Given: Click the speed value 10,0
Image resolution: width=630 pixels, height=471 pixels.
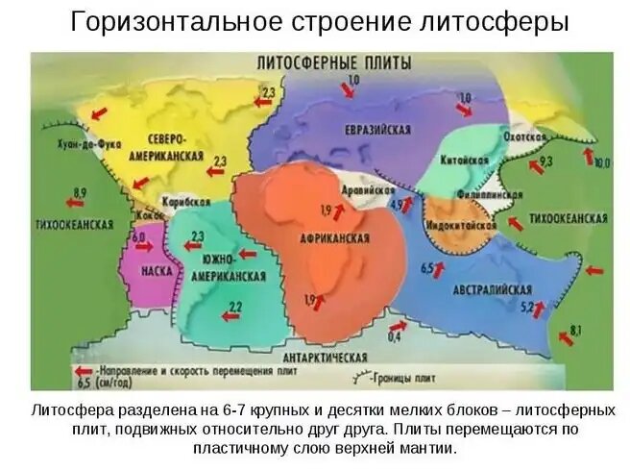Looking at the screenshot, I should click(601, 163).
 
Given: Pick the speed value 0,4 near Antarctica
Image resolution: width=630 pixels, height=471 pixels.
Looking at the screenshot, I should click(394, 337).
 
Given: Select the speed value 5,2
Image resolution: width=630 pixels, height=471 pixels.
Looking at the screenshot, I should click(526, 307).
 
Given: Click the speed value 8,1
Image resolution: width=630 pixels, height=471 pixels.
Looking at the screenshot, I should click(575, 331).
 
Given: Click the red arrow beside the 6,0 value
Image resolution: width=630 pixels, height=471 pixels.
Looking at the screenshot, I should click(146, 248).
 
